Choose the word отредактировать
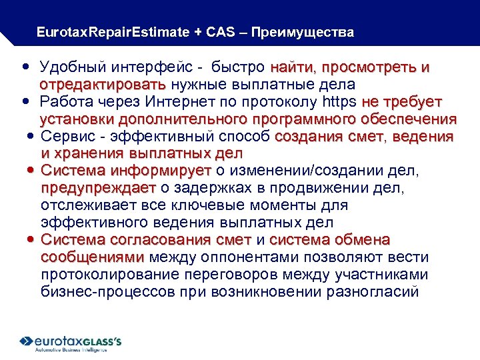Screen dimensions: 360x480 [x=103, y=85]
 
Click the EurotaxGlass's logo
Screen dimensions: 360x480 [x=71, y=342]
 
